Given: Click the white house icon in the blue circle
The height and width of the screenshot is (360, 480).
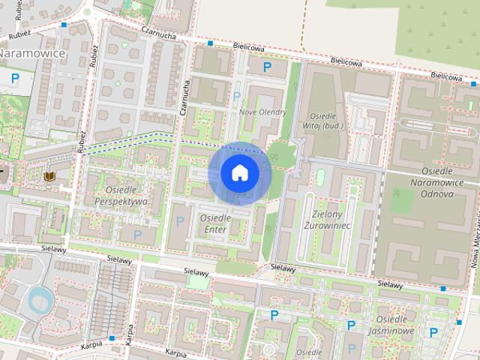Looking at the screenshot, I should click(239, 173).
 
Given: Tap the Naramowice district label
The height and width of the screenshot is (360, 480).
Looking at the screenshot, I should click(31, 54).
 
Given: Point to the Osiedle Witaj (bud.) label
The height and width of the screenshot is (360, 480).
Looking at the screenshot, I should click(325, 121).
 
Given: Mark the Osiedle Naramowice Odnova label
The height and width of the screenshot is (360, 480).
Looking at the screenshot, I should click(432, 187).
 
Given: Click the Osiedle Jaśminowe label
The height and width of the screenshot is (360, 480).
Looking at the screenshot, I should click(395, 325).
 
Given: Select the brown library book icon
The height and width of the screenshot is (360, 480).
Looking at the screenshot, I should click(49, 176).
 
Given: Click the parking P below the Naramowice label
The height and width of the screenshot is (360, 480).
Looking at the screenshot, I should click(14, 76).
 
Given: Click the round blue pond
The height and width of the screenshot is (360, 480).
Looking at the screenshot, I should click(38, 301).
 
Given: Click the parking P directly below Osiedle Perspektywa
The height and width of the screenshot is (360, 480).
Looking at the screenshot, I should click(136, 235).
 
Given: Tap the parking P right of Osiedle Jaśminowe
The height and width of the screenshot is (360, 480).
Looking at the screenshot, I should click(433, 332).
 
